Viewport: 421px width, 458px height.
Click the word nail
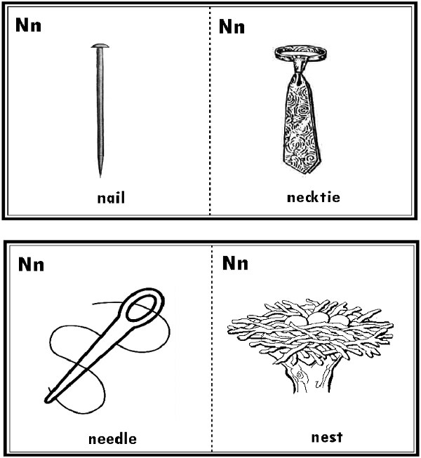coord(111,198)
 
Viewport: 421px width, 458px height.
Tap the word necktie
coord(314,197)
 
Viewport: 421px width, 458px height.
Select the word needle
coord(112,439)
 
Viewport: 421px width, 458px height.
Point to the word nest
coord(327,437)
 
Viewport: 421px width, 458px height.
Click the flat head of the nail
coord(100,46)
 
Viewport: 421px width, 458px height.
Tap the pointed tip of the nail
coord(100,176)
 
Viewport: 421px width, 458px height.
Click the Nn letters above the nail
coord(28,25)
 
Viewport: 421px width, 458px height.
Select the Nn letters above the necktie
coord(232,27)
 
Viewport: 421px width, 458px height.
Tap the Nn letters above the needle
coord(31,264)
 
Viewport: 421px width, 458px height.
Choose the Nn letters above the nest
coord(235,263)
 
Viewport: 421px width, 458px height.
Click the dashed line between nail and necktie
coord(210,111)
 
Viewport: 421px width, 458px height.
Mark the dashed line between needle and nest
coord(212,349)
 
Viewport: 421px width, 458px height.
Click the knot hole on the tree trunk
coord(300,375)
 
